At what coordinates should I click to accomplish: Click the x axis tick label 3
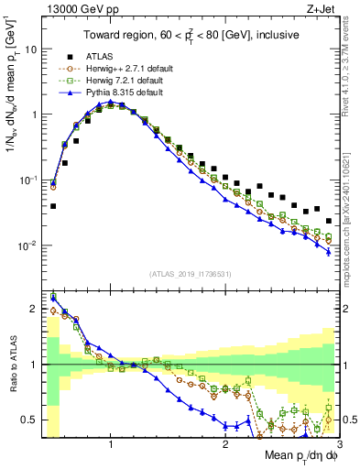[x=338, y=445]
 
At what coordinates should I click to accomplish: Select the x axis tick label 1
[x=111, y=445]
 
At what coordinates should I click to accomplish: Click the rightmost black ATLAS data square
[x=329, y=221]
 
